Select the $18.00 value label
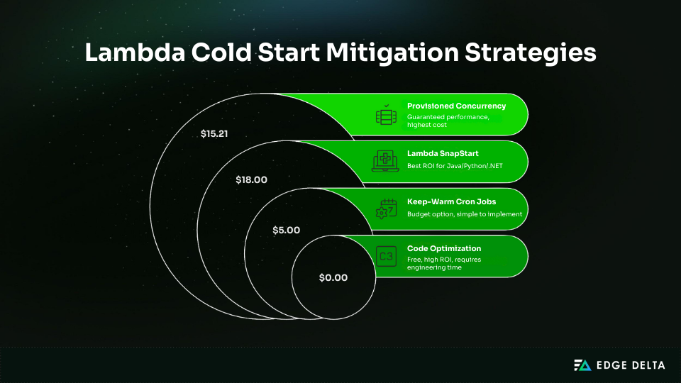(251, 180)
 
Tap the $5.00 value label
(287, 230)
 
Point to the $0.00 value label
(333, 277)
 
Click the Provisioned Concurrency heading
(456, 106)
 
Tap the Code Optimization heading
(444, 248)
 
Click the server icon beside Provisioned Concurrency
(387, 115)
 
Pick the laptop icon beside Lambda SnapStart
(387, 162)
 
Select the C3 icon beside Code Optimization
(387, 256)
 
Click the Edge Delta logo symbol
(582, 365)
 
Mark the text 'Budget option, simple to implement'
(464, 214)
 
